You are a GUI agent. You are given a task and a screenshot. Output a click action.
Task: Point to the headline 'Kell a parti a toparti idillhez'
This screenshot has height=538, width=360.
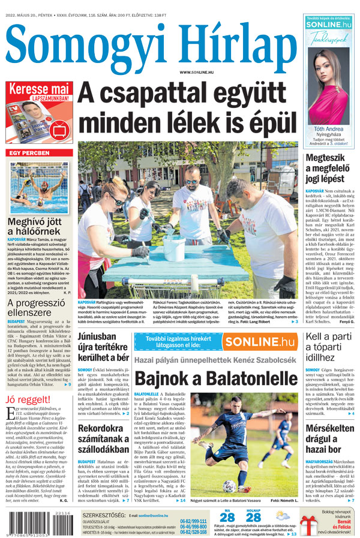point(329,347)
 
